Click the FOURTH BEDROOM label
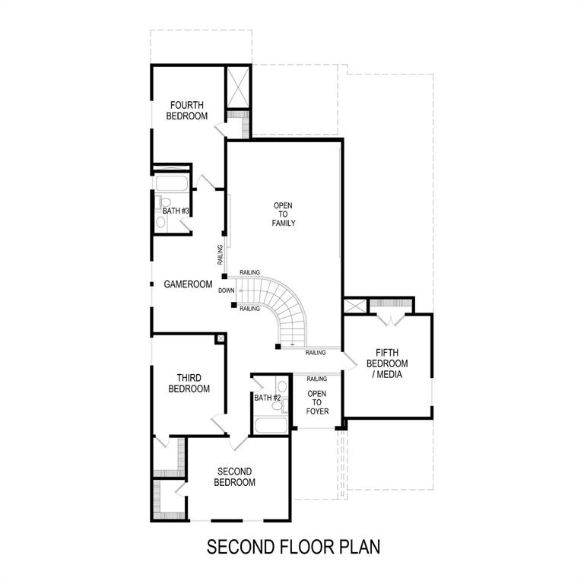(187, 110)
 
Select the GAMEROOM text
(188, 284)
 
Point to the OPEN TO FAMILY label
(283, 214)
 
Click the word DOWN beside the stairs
(226, 290)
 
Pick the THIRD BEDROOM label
(189, 383)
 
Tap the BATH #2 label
(268, 398)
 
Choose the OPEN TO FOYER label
(316, 403)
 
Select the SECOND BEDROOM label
(234, 477)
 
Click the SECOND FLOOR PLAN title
(293, 546)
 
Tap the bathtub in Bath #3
(172, 184)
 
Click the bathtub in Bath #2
(269, 424)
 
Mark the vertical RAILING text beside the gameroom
(220, 255)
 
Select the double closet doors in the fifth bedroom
(391, 317)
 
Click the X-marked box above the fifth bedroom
(355, 306)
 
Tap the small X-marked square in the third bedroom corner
(220, 338)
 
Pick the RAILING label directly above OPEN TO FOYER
(316, 379)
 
